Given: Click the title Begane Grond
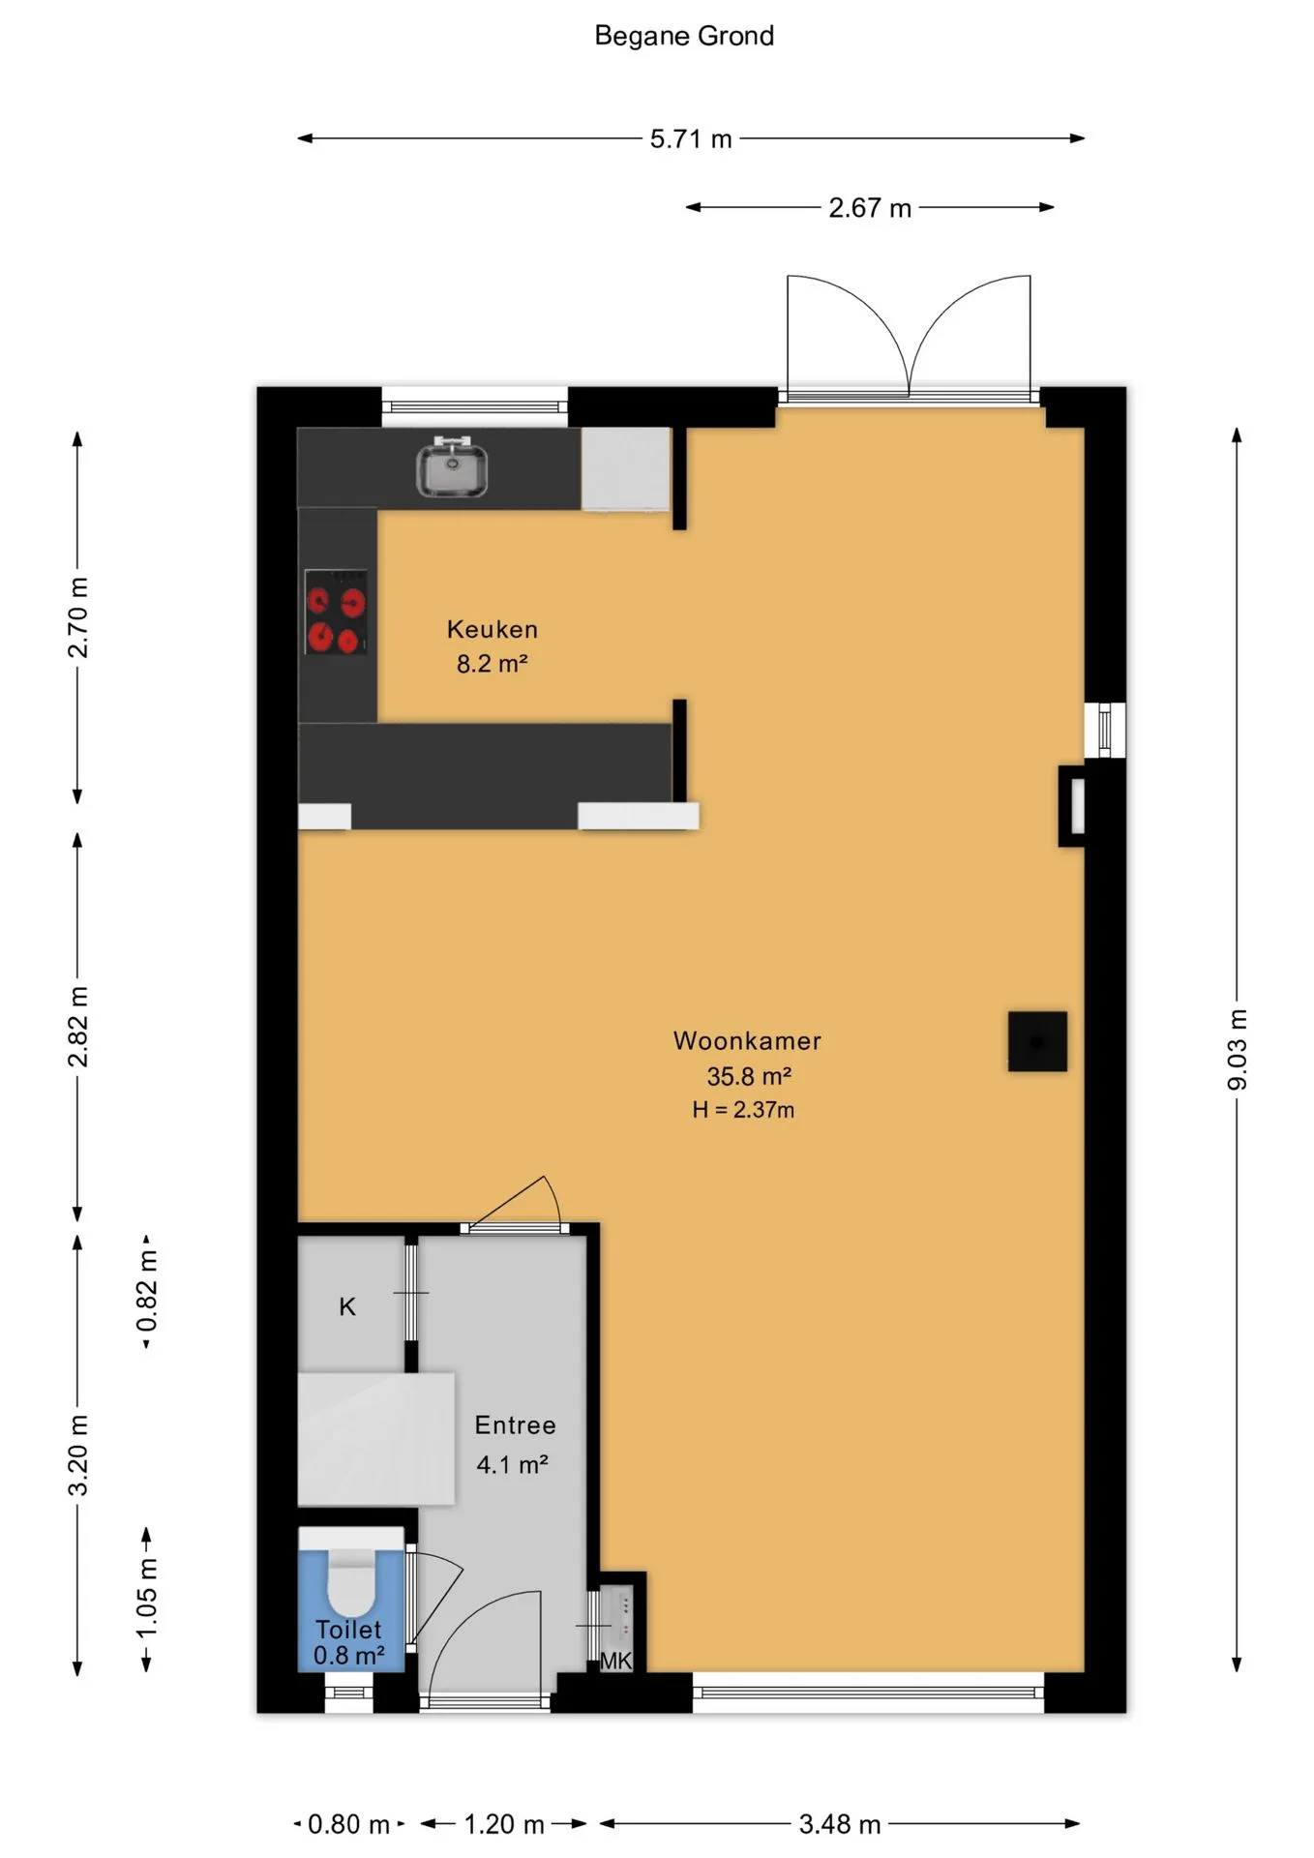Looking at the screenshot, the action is (x=684, y=36).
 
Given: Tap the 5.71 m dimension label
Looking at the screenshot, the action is (x=691, y=139).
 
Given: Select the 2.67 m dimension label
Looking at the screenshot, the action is (x=870, y=208).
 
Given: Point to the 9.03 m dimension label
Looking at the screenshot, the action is (x=1238, y=1049).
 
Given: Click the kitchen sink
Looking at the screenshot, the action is (x=452, y=467).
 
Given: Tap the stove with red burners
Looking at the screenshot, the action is (x=336, y=612).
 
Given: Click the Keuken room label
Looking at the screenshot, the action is (x=493, y=629).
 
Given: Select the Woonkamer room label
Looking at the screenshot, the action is (x=747, y=1041).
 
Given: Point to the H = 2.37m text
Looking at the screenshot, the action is (x=743, y=1110).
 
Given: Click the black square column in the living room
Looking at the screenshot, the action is (x=1037, y=1041).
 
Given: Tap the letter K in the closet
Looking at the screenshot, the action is (x=347, y=1307).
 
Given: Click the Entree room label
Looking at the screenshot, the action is (x=515, y=1425).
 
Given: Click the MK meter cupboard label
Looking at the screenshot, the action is (x=615, y=1662).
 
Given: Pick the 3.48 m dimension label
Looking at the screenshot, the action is (x=840, y=1825).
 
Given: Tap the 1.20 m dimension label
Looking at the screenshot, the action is (x=504, y=1825).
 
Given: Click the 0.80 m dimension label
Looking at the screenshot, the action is (x=348, y=1825).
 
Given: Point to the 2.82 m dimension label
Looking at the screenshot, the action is (x=78, y=1027).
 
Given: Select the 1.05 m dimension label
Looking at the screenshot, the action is (x=146, y=1599).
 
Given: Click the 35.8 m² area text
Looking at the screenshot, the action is (x=749, y=1076).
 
